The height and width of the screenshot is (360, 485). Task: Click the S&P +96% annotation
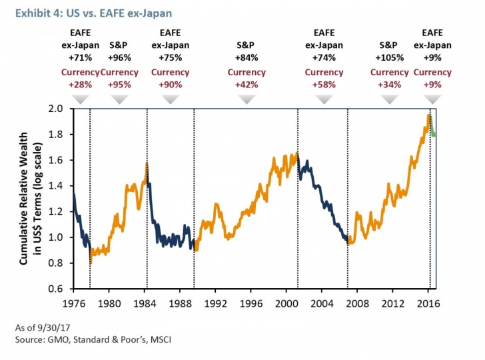[119, 51]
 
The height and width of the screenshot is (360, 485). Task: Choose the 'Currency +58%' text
[324, 79]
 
